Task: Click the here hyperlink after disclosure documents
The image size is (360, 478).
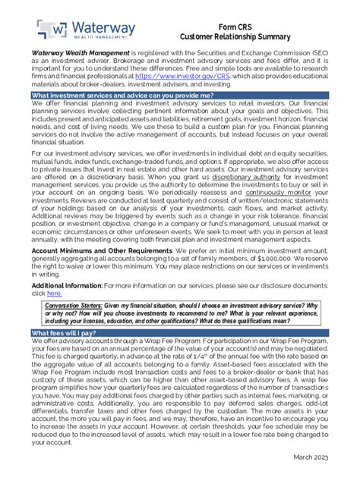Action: click(54, 294)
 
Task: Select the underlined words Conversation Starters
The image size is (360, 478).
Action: click(75, 306)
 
